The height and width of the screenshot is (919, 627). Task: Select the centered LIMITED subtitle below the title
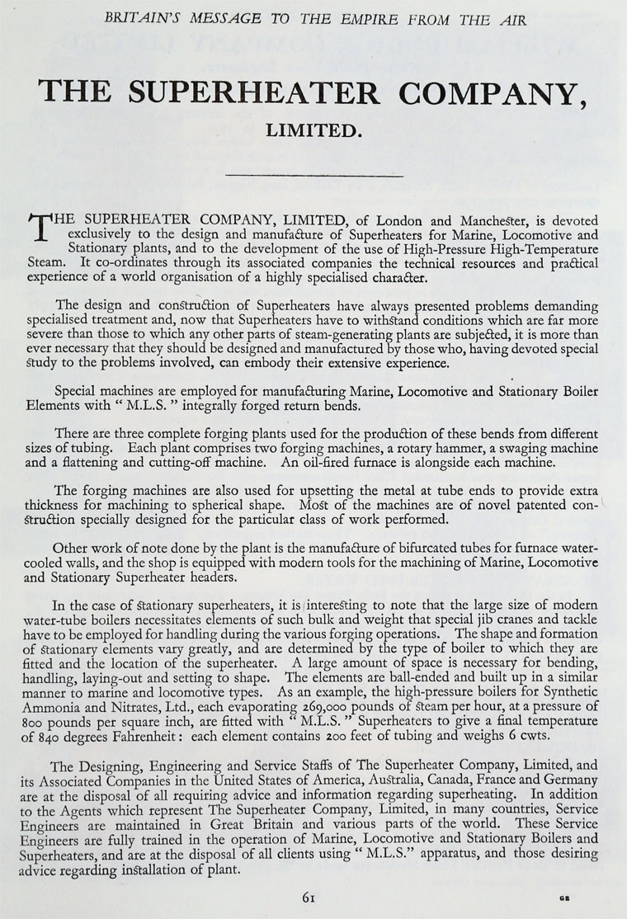pos(313,130)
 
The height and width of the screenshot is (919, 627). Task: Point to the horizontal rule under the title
pos(313,175)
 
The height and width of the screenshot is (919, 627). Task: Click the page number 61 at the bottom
pos(312,894)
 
